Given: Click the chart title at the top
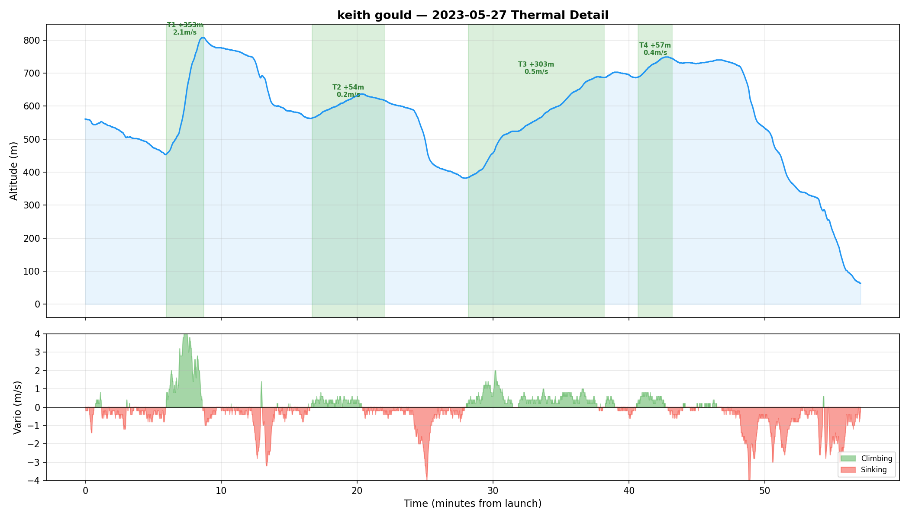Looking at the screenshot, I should pos(473,15).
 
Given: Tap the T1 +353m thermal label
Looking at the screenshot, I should pos(185,29).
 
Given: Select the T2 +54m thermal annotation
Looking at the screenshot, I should pos(348,91).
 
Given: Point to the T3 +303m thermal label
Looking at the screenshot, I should pos(536,68).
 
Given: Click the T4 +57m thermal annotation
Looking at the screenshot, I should pos(655,49).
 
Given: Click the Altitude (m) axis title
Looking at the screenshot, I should pos(14,171).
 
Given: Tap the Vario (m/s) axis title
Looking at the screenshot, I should pos(17,407).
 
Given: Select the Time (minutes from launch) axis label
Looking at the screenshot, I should pos(473,503).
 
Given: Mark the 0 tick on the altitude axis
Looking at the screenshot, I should pos(38,304).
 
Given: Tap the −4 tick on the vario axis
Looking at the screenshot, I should pos(34,481).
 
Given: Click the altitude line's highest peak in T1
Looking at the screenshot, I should pos(202,38).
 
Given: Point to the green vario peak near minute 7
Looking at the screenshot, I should pos(185,336).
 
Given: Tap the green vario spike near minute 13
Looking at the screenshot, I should pos(261,382).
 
